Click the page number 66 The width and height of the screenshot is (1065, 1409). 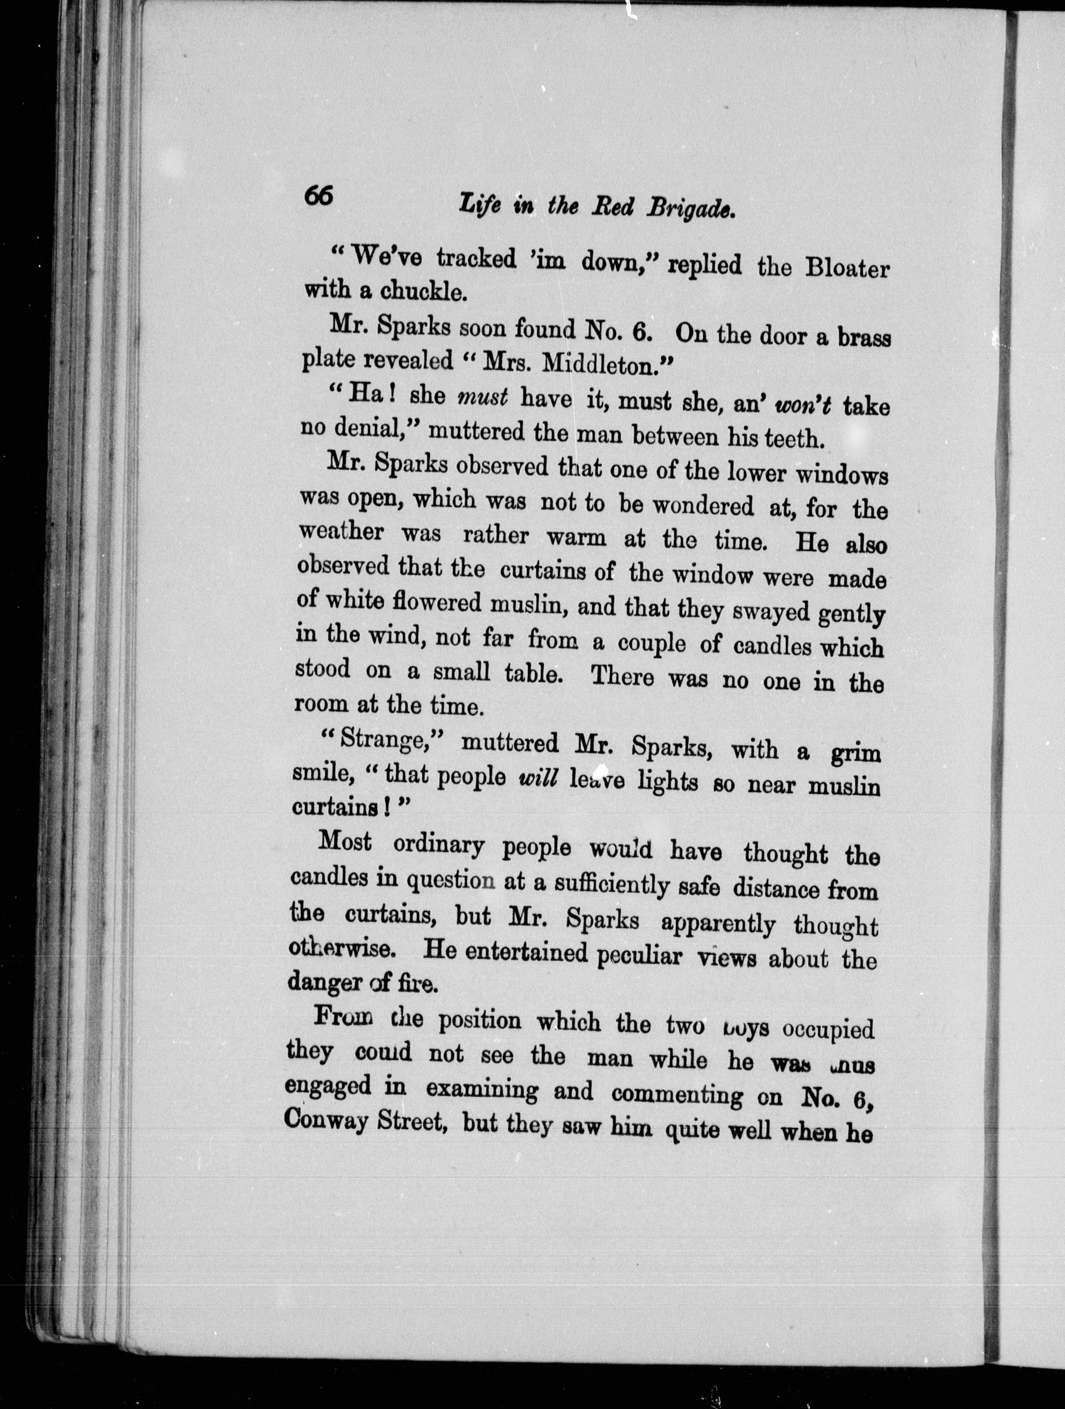click(x=318, y=195)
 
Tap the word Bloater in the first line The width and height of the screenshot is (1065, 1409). click(x=846, y=267)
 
